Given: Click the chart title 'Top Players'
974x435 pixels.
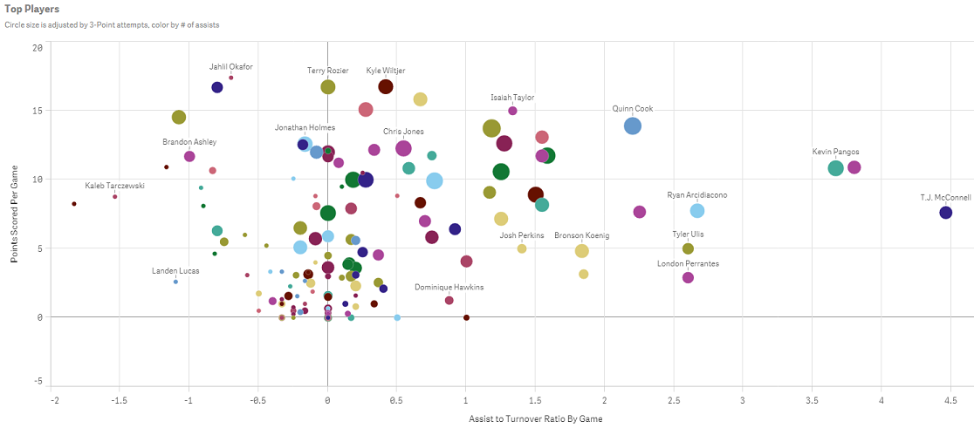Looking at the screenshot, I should coord(31,9).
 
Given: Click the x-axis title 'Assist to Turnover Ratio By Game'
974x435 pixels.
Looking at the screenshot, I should coord(535,419).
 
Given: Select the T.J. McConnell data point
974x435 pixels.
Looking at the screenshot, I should coord(945,213).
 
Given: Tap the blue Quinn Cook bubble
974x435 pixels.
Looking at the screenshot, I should coord(633,126).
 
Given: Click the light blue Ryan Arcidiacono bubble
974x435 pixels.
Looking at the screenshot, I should coord(696,210).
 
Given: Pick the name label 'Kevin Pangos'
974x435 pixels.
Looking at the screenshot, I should coord(835,152).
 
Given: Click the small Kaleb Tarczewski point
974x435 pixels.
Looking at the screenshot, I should coord(115,197).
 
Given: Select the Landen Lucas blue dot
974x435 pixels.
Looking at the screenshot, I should coord(175,282).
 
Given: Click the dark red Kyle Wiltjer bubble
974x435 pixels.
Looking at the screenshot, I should coord(386,86).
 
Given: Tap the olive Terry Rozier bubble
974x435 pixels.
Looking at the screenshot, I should coord(328,86).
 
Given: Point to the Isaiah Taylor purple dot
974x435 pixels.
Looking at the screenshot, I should coord(512,111).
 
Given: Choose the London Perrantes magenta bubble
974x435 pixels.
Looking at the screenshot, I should coord(688,277).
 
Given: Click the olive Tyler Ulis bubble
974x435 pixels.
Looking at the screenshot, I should coord(688,248).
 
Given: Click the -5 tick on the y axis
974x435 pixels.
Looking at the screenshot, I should coord(37,381).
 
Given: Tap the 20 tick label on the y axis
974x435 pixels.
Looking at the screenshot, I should coord(36,47).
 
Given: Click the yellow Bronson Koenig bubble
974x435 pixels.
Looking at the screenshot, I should coord(582,251).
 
